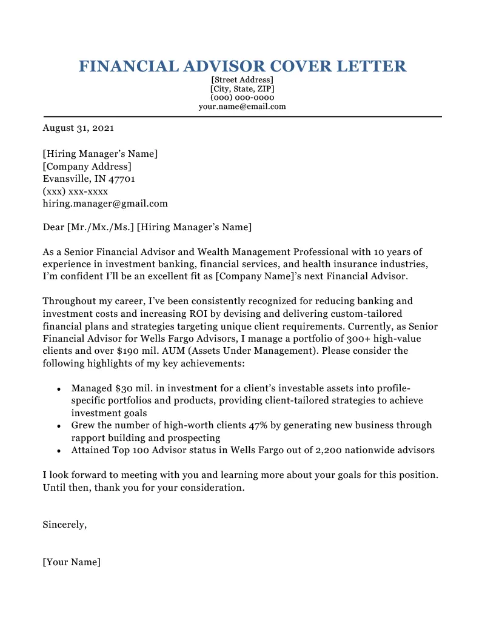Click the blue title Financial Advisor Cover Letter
click(x=242, y=66)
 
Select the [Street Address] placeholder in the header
click(x=242, y=80)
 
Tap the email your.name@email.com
click(x=242, y=106)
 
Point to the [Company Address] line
click(x=87, y=166)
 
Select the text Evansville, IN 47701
click(x=89, y=179)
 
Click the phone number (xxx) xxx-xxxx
click(x=75, y=191)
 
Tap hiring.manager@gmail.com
click(x=105, y=204)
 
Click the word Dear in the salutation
click(x=53, y=227)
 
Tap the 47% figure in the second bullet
click(x=258, y=425)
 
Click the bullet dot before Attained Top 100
click(x=58, y=451)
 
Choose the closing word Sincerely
click(x=64, y=525)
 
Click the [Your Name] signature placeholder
click(x=72, y=562)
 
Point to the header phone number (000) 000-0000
click(x=242, y=97)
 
